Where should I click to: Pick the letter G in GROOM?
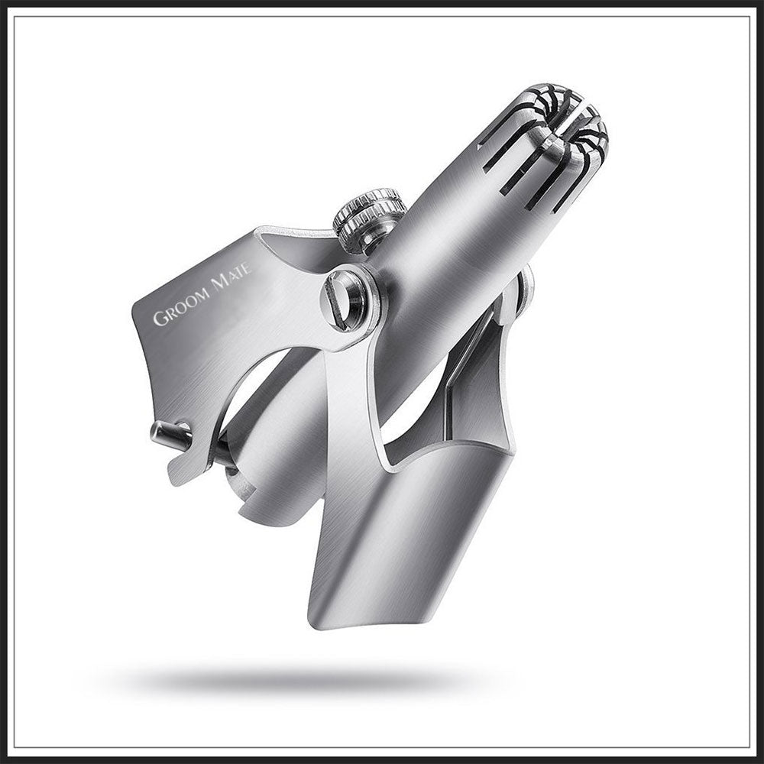159,319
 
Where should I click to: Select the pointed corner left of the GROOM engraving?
134,309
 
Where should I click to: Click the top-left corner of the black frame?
11,11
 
